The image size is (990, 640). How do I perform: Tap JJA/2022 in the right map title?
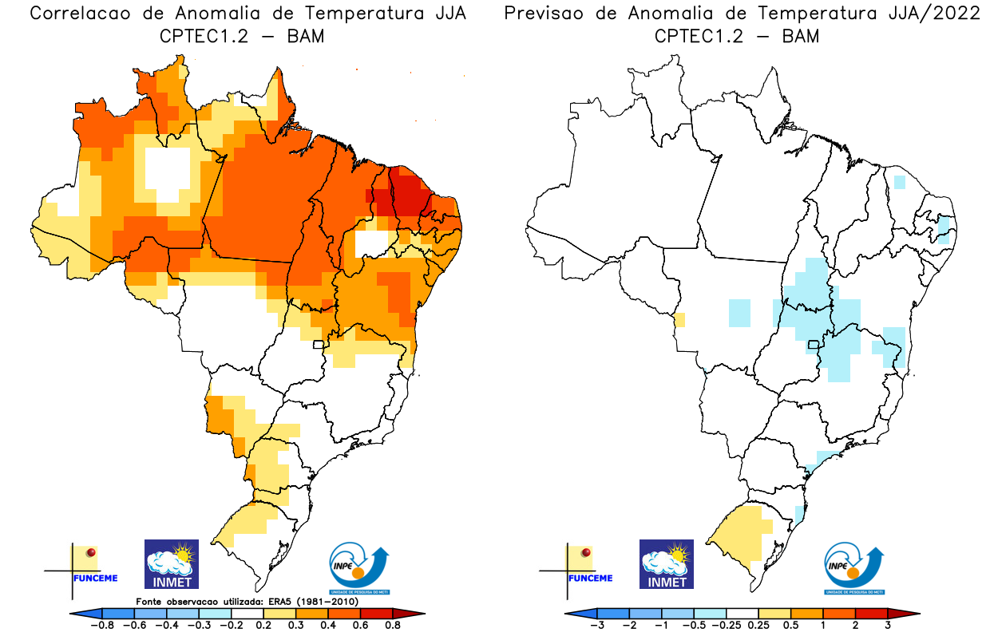pyautogui.click(x=929, y=14)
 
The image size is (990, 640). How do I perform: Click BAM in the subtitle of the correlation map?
pyautogui.click(x=306, y=36)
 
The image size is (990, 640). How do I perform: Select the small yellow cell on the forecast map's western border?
pyautogui.click(x=679, y=320)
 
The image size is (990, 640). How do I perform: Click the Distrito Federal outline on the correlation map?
pyautogui.click(x=319, y=345)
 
